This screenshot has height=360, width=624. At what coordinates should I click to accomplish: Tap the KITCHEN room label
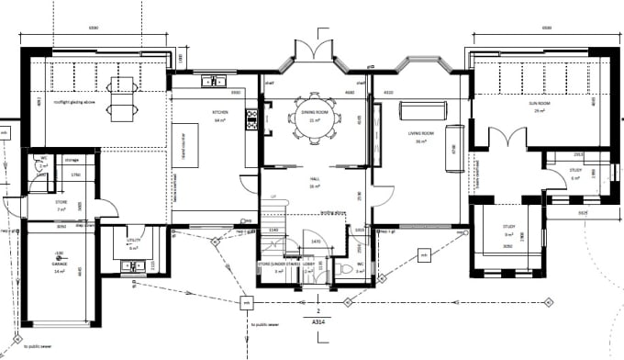point(221,115)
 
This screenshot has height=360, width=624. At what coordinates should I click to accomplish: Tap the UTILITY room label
point(134,243)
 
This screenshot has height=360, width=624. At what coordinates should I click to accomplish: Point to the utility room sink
point(129,266)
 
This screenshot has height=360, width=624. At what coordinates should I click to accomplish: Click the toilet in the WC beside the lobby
point(338,269)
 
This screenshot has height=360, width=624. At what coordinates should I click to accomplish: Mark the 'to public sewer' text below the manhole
point(263,323)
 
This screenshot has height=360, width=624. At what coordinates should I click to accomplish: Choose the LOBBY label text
point(310,264)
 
